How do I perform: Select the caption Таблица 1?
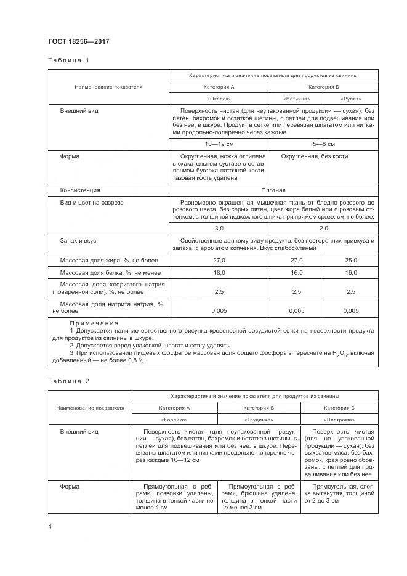point(68,60)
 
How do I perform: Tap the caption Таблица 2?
point(68,381)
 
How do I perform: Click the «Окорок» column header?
point(219,99)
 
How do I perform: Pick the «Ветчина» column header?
point(296,99)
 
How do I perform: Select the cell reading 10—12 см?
point(219,144)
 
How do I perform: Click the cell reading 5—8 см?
point(324,144)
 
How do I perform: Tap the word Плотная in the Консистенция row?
point(273,190)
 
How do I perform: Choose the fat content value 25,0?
point(351,262)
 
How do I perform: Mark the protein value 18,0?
point(219,272)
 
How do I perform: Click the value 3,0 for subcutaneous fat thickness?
point(219,228)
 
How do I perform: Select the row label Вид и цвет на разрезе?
point(92,202)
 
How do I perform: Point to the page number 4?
point(50,526)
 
